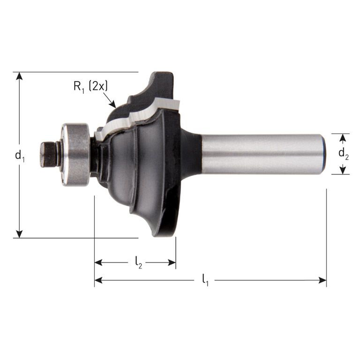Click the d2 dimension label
[x=344, y=154]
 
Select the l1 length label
[x=205, y=280]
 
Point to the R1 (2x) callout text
[x=90, y=86]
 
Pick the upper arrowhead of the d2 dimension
[x=344, y=137]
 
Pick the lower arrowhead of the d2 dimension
[x=344, y=170]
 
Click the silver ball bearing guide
[x=75, y=154]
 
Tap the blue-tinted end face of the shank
[x=324, y=154]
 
